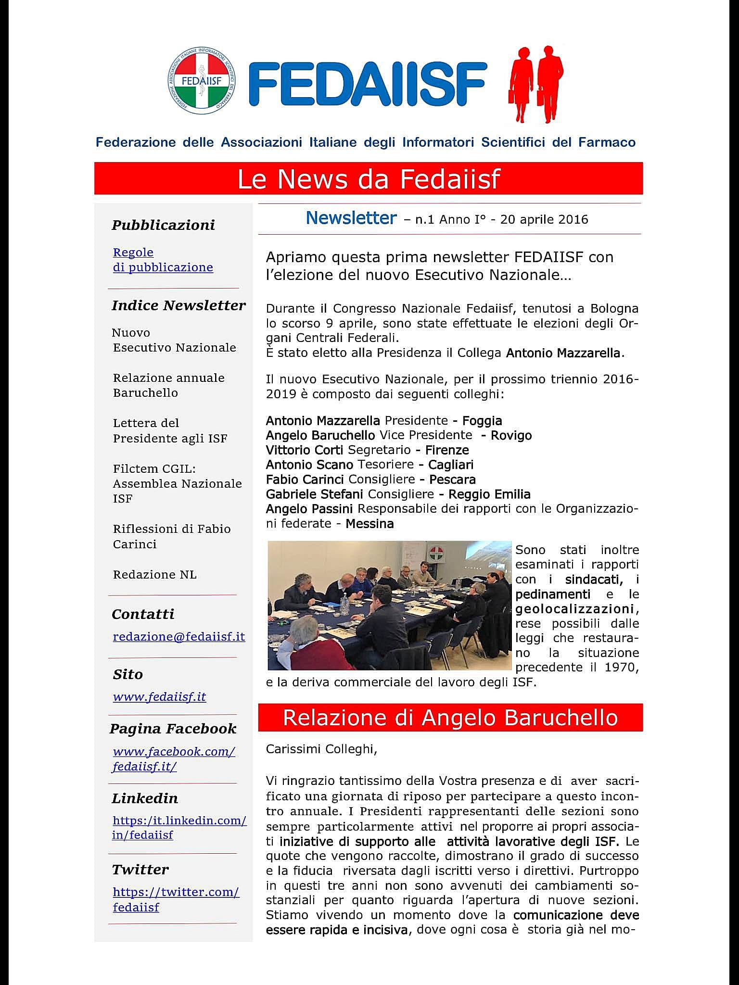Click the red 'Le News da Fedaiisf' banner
point(369,178)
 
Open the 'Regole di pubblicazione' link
point(163,260)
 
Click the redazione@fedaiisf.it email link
point(179,636)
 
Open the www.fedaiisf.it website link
point(159,696)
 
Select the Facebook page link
point(173,758)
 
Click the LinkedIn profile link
point(179,827)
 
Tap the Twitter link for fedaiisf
point(176,899)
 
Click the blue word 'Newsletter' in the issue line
point(351,218)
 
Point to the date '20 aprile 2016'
point(544,220)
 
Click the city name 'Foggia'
point(482,421)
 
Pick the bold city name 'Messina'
point(369,523)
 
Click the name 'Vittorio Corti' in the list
point(305,450)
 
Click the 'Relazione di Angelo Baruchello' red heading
point(450,717)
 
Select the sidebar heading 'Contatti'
point(143,614)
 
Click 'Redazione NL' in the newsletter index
point(155,575)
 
